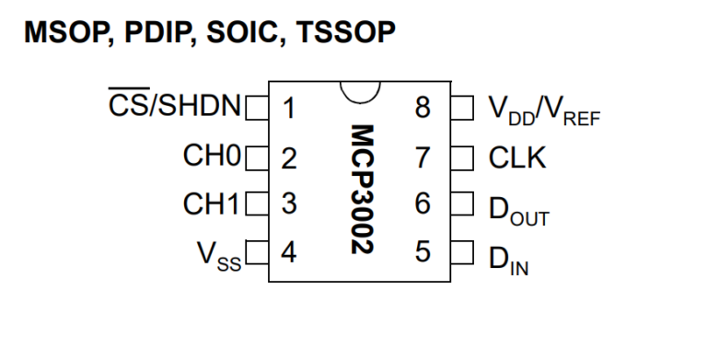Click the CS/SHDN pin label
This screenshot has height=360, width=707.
pos(171,109)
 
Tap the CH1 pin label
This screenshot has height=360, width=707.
pos(211,204)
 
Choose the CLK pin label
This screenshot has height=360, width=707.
pos(517,157)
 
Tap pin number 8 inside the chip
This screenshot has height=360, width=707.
pos(423,109)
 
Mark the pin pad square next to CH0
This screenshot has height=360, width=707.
pos(254,157)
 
